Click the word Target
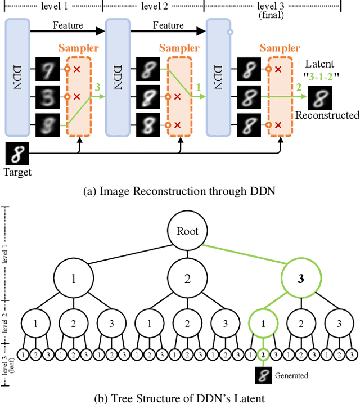tap(17, 172)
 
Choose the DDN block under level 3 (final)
tap(219, 77)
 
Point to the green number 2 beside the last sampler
tap(298, 88)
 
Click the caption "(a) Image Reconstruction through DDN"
tap(179, 191)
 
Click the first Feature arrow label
tap(67, 25)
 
